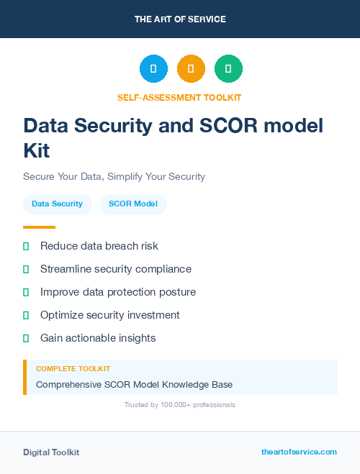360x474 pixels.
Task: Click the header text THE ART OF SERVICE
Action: pos(180,19)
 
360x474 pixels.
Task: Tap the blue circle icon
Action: pos(153,69)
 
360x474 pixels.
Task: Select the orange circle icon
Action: pos(191,69)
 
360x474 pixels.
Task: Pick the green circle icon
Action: pos(228,69)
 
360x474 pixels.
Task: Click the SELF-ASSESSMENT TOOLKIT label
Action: pos(179,97)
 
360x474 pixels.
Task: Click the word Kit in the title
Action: pos(37,151)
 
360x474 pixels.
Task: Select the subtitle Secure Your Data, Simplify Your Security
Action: pos(114,176)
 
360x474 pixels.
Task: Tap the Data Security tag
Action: pos(57,204)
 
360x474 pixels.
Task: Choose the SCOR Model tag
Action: pos(133,204)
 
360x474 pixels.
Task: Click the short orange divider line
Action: pos(39,227)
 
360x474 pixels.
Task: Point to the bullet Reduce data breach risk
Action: pos(99,246)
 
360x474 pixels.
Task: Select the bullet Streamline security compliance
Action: pos(115,269)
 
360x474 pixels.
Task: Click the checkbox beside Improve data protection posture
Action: pos(26,292)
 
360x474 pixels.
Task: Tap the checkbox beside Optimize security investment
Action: pos(26,315)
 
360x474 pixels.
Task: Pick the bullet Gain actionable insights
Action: pos(98,338)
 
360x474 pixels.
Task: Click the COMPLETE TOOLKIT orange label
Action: pos(73,369)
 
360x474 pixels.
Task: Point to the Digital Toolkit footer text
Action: pos(51,452)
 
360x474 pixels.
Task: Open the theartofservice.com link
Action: pos(299,452)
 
